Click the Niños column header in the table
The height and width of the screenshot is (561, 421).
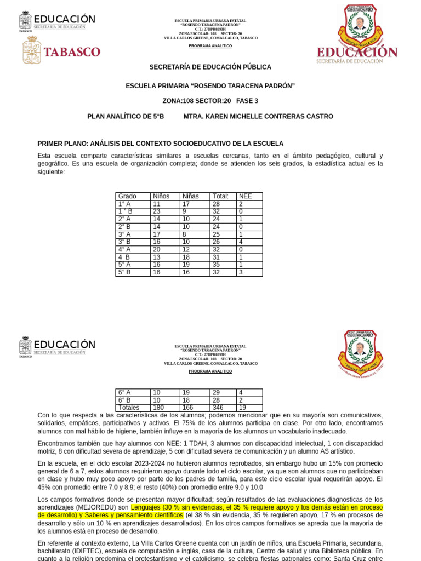tap(161, 196)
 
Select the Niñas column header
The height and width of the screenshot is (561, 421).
tap(191, 196)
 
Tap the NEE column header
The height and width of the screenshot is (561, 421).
tap(246, 196)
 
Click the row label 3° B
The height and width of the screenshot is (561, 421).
tap(124, 242)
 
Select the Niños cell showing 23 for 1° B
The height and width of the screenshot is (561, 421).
tap(157, 211)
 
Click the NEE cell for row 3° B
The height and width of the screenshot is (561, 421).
tap(241, 242)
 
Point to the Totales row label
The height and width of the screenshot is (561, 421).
tap(129, 408)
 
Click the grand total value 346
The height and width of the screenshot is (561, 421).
tap(217, 408)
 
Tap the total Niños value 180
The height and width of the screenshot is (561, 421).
tap(158, 408)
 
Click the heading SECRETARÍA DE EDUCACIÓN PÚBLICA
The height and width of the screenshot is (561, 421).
tap(210, 67)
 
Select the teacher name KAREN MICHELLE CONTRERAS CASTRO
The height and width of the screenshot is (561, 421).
tap(258, 117)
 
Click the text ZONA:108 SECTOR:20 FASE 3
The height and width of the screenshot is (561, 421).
tap(210, 101)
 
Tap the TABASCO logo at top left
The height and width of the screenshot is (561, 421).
tap(61, 51)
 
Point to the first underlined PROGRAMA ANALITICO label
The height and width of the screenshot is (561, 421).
tap(210, 46)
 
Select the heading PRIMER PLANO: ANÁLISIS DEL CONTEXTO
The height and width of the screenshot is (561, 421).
tap(160, 144)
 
